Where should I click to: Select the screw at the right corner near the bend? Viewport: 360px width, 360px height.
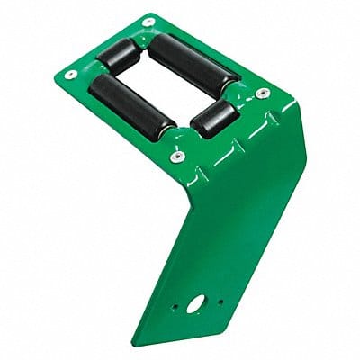point(262,93)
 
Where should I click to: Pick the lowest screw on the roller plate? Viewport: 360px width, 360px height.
point(177,157)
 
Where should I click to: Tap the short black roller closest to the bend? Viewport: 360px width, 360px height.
point(216,117)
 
